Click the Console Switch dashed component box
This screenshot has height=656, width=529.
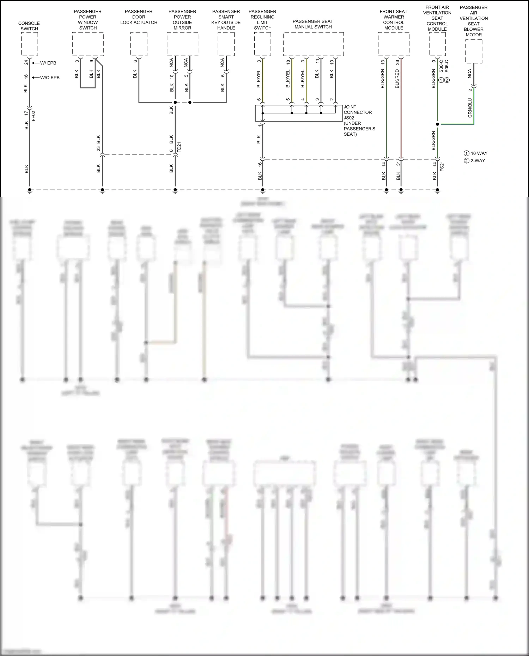30,44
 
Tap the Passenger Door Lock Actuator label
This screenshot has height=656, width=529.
139,17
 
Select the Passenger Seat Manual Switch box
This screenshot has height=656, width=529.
314,44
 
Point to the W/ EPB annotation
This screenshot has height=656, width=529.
48,63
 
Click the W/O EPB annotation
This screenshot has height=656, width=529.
50,78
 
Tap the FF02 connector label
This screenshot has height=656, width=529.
34,116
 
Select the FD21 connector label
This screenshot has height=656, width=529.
179,147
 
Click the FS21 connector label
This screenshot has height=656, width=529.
442,166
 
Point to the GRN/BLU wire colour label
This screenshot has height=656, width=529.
470,108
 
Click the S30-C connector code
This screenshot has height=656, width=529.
441,66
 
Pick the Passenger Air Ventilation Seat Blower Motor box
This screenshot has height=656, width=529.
474,51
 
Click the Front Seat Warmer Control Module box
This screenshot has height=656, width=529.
394,44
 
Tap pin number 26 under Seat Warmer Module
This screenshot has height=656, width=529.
398,62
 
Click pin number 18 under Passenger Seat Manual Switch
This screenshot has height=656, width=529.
288,62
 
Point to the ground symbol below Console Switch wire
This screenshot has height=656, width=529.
30,191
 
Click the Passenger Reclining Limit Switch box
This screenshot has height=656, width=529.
262,44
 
